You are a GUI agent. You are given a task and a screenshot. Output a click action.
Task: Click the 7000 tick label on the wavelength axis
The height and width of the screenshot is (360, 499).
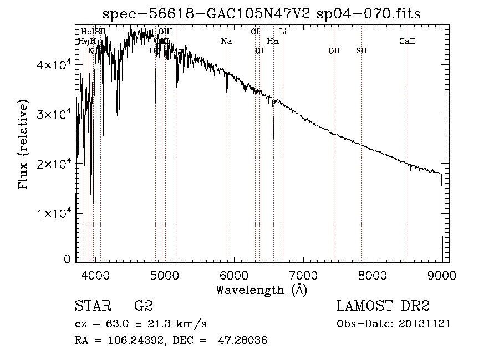[303, 276]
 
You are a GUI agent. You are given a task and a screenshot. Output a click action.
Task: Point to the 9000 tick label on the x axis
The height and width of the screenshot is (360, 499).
[442, 276]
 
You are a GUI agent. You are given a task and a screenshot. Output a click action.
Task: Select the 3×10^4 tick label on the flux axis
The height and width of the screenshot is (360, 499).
[53, 114]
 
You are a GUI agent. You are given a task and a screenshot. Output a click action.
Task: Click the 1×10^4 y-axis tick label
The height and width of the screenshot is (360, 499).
[53, 214]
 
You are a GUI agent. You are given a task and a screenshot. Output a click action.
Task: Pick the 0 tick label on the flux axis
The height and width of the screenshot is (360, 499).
[67, 258]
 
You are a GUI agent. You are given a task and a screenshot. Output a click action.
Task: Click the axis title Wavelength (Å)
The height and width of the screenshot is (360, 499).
[261, 290]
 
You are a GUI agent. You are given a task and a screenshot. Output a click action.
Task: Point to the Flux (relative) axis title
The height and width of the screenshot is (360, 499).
[23, 145]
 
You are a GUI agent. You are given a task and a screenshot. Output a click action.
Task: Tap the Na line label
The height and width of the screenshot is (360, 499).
[226, 42]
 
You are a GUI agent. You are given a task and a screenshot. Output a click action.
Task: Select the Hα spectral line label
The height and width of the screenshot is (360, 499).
[273, 42]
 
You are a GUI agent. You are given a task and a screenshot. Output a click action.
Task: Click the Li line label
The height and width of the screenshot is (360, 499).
[283, 32]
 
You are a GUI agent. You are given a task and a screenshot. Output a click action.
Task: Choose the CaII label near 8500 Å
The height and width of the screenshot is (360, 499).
[408, 42]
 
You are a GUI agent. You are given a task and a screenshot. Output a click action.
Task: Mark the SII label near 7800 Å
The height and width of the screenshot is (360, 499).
[361, 51]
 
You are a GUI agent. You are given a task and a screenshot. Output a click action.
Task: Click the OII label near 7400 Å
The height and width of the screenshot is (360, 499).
[334, 51]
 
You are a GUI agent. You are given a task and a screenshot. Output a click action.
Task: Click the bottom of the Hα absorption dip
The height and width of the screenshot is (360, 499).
[273, 136]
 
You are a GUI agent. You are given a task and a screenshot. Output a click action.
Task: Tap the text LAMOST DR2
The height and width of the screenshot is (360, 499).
[383, 306]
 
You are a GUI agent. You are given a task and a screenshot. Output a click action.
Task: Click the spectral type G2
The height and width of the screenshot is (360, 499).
[144, 306]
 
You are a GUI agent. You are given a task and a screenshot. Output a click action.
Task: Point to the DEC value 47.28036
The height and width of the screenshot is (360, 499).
[244, 341]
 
